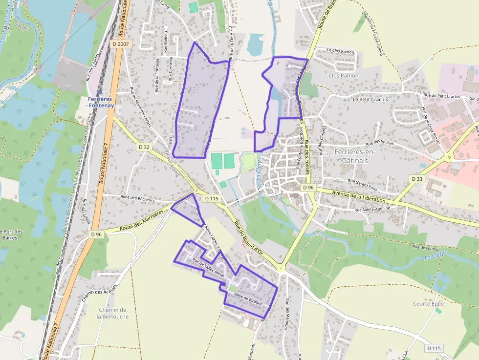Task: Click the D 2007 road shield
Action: pos(120,44)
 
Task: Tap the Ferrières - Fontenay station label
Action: pos(100,102)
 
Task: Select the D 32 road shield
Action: pos(144,147)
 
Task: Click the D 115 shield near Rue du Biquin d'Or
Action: pos(212,198)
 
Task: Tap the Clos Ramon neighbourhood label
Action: pos(343,76)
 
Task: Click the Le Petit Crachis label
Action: pos(370,99)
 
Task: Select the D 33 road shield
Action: pos(417,179)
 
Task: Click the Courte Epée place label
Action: pos(428,303)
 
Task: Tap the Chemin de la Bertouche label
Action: pos(112,313)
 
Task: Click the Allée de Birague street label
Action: pos(248,299)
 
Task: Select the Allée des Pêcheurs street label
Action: pos(137,199)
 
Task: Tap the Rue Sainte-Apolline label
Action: pos(372,209)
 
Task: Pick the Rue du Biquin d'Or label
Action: pos(249,238)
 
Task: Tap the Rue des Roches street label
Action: pos(380,143)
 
